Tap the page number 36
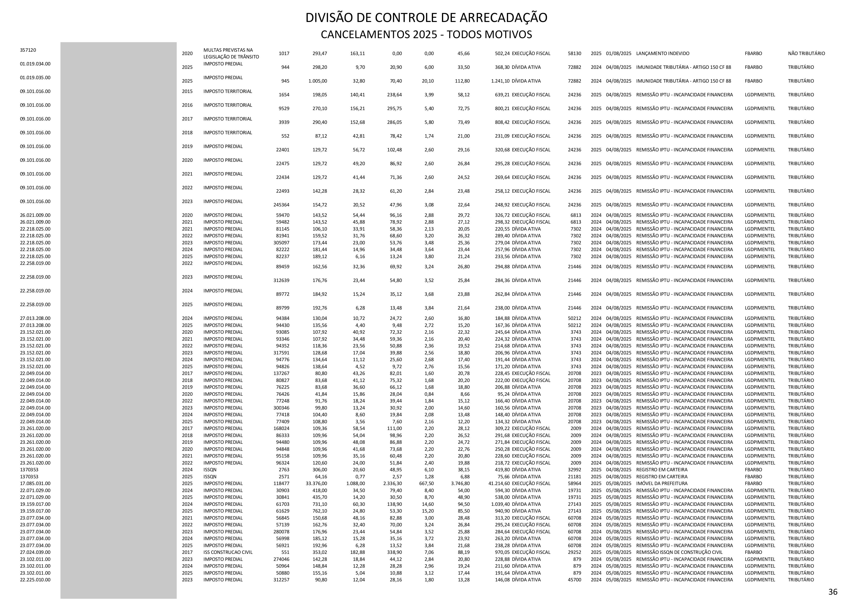coord(833,592)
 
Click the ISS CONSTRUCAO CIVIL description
coord(228,552)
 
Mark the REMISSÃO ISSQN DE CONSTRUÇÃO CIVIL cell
coord(679,552)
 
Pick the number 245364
coord(281,205)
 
